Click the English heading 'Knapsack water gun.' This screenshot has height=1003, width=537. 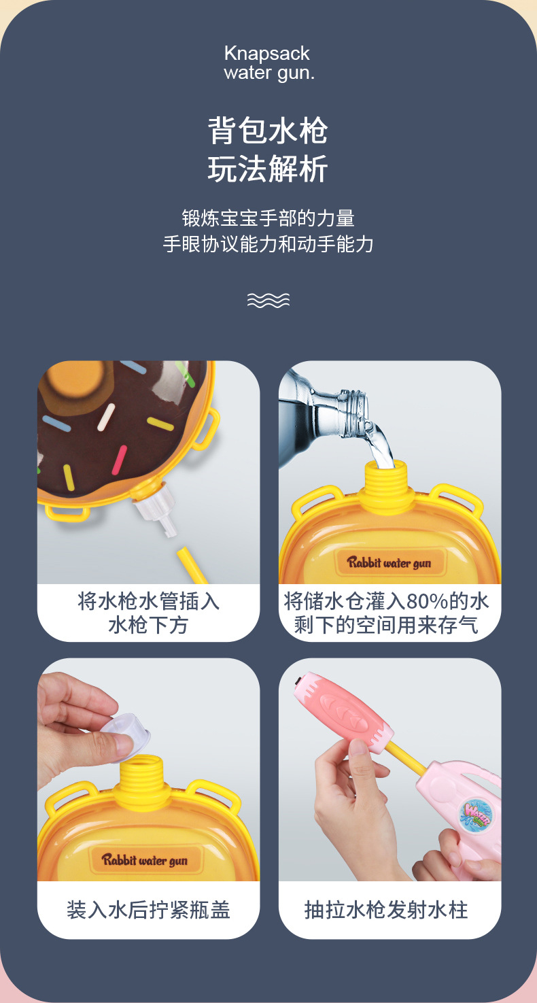tap(268, 63)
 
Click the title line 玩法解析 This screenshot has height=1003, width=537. tap(268, 169)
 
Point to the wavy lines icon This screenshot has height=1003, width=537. tap(268, 300)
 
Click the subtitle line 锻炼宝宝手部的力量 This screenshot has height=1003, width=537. tap(268, 218)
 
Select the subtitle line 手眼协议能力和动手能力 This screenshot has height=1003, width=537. tap(268, 244)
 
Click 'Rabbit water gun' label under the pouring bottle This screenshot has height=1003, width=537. tap(388, 563)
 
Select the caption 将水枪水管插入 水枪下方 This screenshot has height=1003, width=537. tap(148, 613)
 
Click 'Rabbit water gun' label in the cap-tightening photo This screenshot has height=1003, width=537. tap(145, 860)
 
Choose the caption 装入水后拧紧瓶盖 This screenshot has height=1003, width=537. tap(148, 910)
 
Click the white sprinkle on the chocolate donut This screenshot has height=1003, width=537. tap(107, 417)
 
